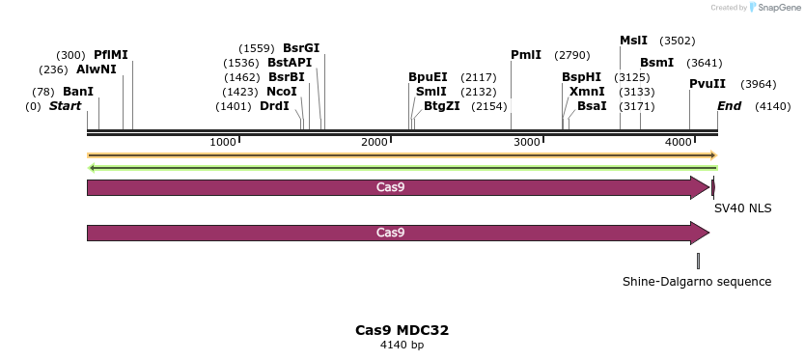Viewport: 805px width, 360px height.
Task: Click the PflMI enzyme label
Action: point(111,55)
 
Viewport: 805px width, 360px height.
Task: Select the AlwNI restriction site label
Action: point(97,69)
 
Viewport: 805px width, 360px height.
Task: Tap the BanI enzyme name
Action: point(78,92)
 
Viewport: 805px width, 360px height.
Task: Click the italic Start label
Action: point(65,105)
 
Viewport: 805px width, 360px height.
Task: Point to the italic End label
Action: point(729,105)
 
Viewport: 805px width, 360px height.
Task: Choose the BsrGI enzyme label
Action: point(301,48)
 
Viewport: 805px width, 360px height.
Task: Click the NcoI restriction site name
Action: point(282,92)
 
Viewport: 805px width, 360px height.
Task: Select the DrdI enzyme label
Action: point(274,106)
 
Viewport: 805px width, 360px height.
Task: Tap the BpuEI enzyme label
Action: point(428,77)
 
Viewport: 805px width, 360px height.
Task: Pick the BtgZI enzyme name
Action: point(442,106)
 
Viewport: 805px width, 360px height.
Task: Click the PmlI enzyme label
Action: point(526,55)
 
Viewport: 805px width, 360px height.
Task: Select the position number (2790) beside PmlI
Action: point(571,55)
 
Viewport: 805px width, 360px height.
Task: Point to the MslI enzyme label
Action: point(633,41)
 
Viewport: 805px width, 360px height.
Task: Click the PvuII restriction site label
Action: point(708,84)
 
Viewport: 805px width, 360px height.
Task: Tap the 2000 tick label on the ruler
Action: point(375,142)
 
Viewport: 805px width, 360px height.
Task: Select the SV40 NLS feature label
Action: point(742,208)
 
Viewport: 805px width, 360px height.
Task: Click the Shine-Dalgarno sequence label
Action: point(697,282)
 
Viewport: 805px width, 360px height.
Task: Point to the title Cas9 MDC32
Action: point(402,330)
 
